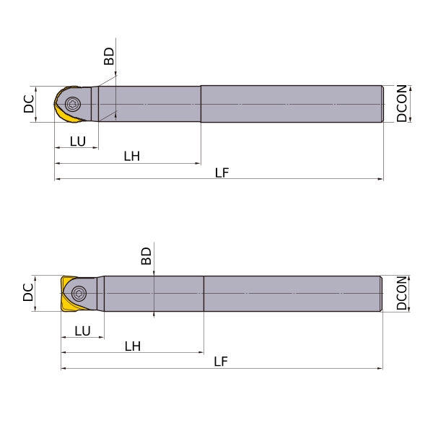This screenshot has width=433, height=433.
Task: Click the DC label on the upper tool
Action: (x=29, y=104)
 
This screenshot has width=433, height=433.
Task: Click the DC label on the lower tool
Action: (x=28, y=292)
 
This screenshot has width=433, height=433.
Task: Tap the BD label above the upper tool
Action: (x=109, y=56)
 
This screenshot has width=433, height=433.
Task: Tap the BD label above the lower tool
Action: (x=146, y=256)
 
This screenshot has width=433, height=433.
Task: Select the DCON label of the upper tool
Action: (x=401, y=103)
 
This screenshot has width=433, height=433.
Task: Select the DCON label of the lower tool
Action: (x=401, y=293)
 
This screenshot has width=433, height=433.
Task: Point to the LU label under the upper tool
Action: (x=78, y=141)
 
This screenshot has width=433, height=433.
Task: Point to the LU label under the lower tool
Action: (x=82, y=331)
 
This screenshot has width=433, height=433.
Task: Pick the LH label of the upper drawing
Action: (x=132, y=157)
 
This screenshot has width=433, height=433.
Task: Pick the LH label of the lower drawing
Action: (x=133, y=346)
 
